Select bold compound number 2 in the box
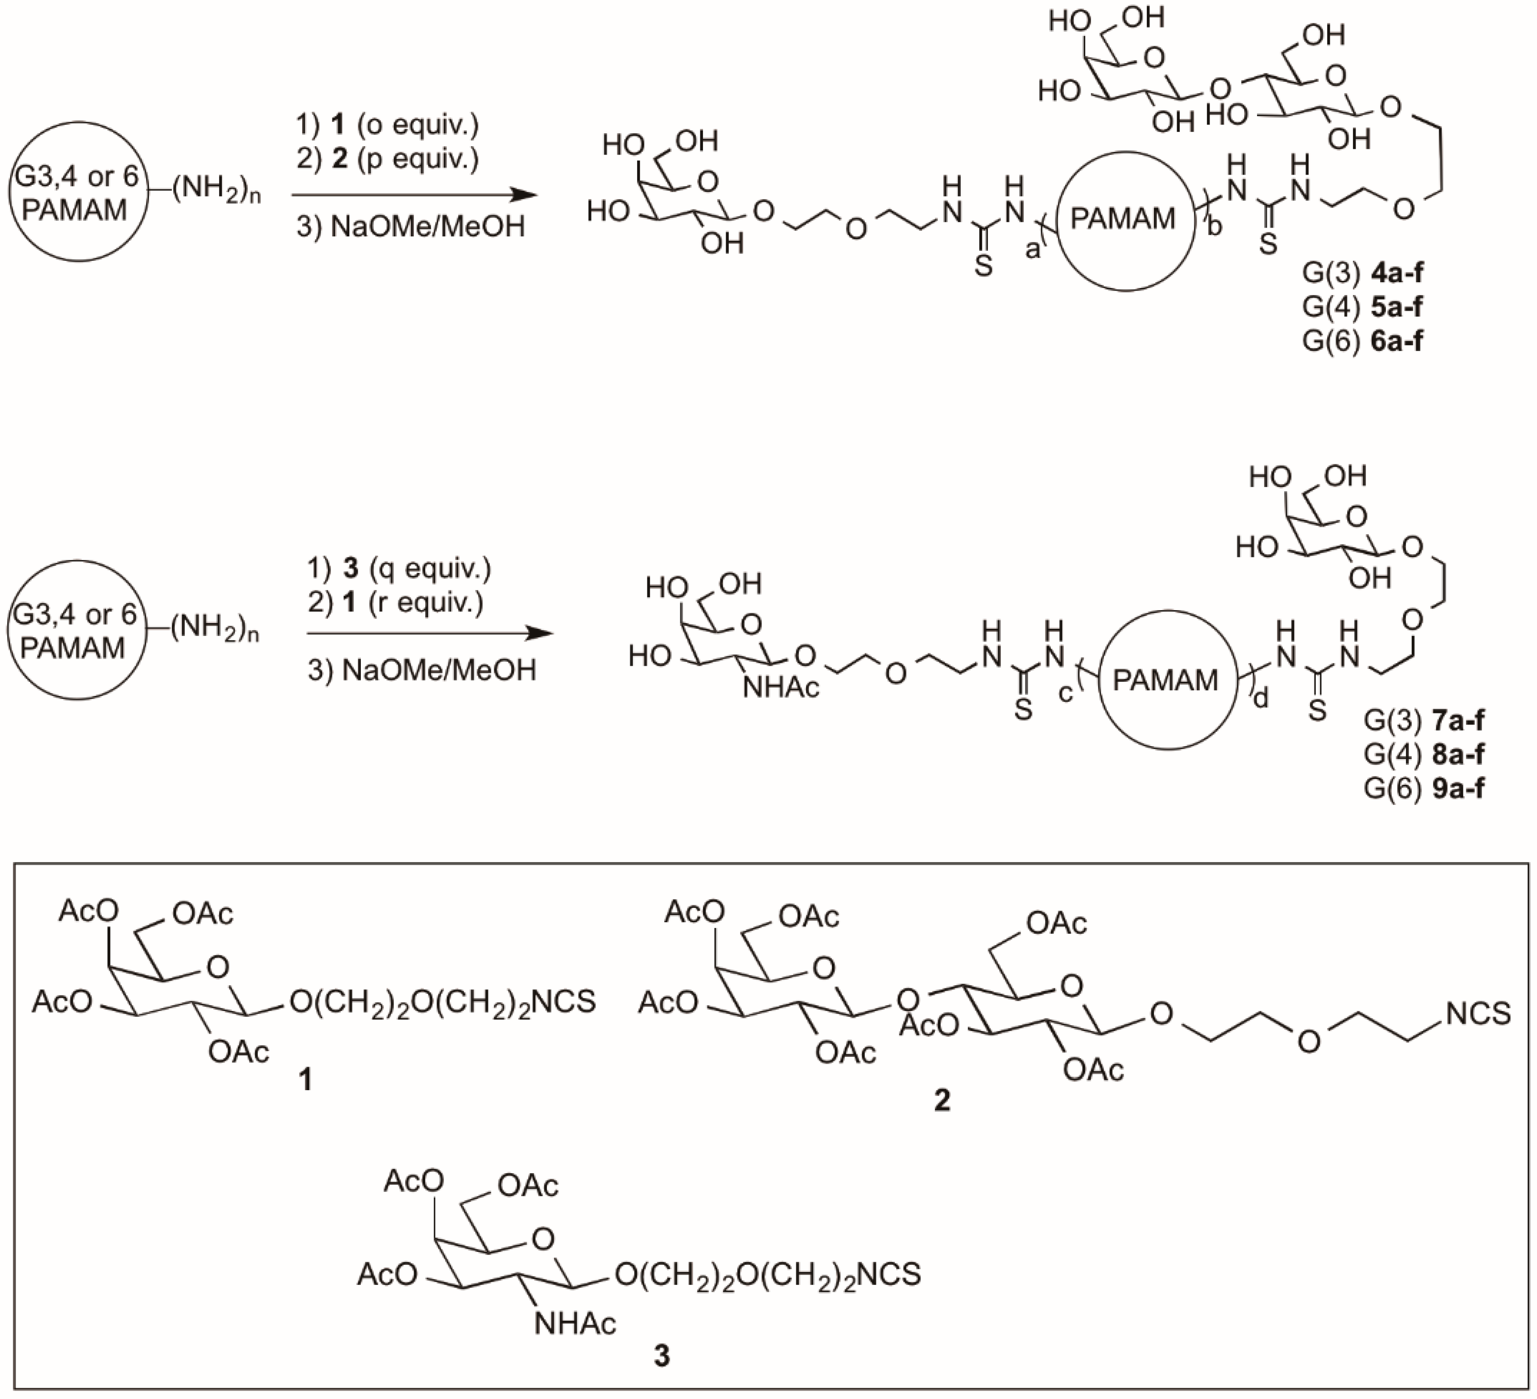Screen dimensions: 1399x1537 pyautogui.click(x=942, y=1100)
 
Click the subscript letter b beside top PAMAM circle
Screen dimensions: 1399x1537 pyautogui.click(x=1214, y=227)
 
